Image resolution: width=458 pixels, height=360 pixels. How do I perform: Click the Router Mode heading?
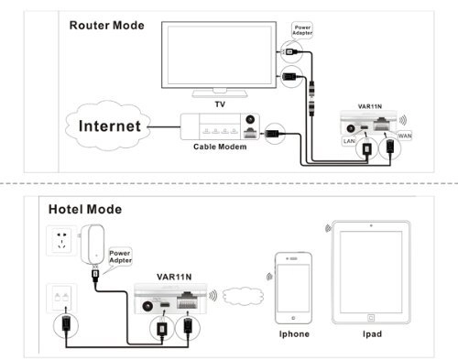click(107, 25)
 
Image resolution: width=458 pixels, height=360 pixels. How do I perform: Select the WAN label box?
click(405, 136)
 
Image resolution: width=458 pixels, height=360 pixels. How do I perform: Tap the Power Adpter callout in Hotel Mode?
click(122, 256)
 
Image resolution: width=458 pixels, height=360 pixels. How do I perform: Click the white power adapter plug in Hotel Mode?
click(93, 245)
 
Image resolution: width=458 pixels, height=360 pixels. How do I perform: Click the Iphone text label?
click(293, 333)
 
